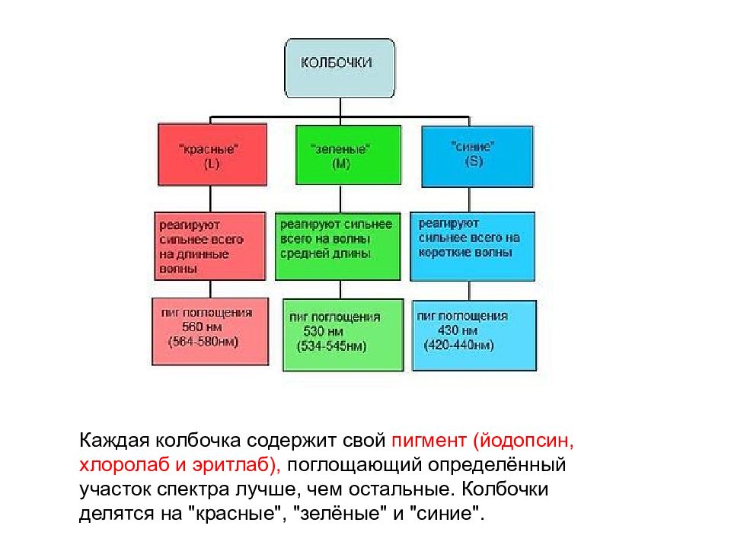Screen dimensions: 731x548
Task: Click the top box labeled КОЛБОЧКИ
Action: pos(340,68)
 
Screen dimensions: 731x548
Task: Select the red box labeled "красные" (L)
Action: pos(212,155)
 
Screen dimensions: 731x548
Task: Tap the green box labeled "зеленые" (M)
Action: pos(348,155)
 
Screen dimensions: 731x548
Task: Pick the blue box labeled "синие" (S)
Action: pos(477,157)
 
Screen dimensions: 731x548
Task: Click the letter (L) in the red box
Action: pos(212,164)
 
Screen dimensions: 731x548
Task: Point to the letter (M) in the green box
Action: pos(341,164)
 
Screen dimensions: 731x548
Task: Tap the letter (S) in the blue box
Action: pos(474,161)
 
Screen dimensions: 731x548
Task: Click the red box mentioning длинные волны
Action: pos(210,246)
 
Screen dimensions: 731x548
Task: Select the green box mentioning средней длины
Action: pos(338,246)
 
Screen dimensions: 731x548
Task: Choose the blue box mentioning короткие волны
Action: pos(472,247)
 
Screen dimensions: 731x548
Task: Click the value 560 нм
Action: pos(202,327)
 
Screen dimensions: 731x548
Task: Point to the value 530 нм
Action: pos(323,331)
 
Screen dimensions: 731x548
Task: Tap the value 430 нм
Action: pos(458,330)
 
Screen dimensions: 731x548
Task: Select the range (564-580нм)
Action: pos(203,342)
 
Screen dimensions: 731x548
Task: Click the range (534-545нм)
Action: pos(331,346)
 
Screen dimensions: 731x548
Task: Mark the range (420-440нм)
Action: pos(458,346)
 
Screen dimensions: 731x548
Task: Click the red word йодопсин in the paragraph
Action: pos(526,441)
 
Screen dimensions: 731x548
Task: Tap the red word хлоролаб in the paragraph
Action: pos(124,465)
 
